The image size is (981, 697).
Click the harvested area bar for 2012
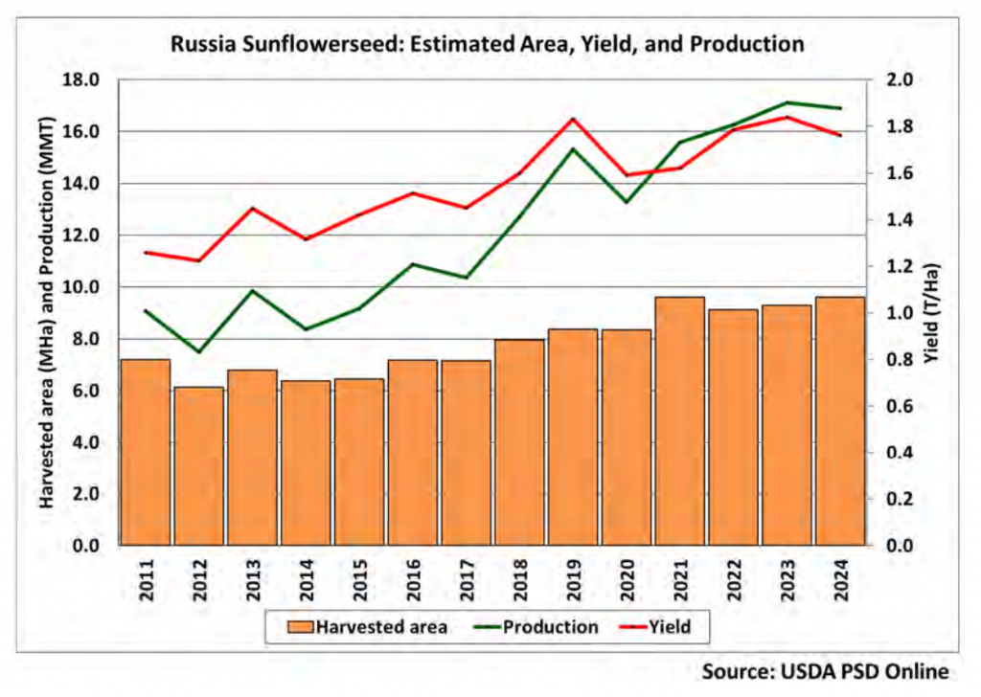(199, 465)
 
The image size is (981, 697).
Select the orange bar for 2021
(680, 420)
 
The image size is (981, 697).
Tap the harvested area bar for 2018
(520, 442)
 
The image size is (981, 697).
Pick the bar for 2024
(840, 420)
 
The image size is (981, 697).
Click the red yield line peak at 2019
(573, 119)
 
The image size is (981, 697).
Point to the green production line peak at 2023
(787, 102)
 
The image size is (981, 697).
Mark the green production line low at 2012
(199, 351)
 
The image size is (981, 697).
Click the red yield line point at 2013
(253, 208)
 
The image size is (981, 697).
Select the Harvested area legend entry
(367, 627)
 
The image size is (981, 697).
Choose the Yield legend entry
(655, 627)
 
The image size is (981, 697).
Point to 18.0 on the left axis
(81, 80)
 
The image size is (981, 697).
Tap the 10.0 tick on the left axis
(81, 287)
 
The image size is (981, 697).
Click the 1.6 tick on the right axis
(899, 173)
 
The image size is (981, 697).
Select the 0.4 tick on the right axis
(899, 453)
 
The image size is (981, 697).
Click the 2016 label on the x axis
(413, 581)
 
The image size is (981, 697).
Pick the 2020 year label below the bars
(627, 581)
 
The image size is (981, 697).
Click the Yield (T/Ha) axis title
(932, 313)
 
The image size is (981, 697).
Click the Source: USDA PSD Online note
(825, 672)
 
